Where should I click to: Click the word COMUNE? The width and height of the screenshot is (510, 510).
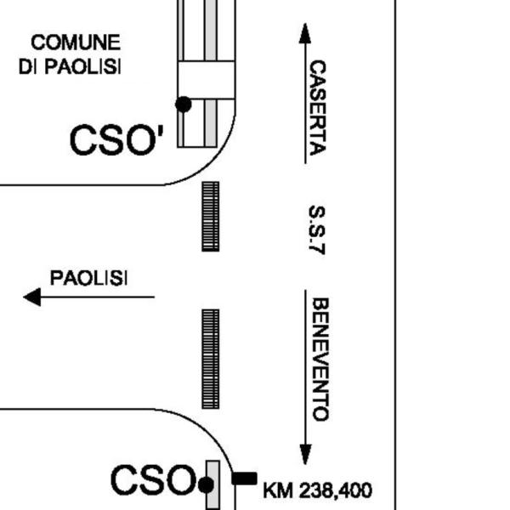76,42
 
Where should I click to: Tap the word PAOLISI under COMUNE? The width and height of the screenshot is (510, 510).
82,66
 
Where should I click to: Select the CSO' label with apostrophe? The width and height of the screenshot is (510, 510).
116,139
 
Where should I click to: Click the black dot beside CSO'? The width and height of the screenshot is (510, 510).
184,105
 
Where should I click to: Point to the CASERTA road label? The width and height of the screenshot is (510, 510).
317,108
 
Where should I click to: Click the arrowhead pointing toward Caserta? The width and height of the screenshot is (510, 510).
305,33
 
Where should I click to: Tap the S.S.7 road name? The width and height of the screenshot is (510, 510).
316,229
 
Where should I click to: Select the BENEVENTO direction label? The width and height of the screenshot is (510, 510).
320,360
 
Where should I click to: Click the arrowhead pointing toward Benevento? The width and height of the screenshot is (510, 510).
305,455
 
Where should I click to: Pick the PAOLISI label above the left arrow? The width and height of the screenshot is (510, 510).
88,278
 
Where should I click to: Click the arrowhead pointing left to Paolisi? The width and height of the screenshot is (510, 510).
32,297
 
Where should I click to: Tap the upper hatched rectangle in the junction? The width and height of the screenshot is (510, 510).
211,217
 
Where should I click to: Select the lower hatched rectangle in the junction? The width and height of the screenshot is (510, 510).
211,359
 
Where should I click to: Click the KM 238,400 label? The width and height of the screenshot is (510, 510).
317,490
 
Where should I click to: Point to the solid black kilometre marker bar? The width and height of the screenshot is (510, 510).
244,479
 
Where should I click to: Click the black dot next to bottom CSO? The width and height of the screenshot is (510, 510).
206,485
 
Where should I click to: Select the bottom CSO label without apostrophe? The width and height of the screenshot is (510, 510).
153,479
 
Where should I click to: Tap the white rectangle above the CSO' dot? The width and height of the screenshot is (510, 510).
207,80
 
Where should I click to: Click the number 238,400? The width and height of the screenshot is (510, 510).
336,490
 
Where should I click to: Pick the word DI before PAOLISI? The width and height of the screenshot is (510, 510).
28,66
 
